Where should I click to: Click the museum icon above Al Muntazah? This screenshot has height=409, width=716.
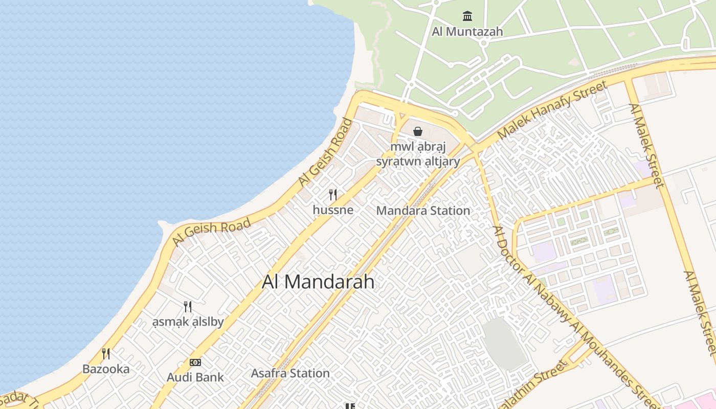tap(467, 16)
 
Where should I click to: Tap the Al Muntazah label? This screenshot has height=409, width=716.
tap(467, 32)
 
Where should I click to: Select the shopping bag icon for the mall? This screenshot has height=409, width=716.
tap(418, 131)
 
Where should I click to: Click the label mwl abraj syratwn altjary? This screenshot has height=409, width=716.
tap(418, 154)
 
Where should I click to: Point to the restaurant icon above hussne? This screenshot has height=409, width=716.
tap(333, 194)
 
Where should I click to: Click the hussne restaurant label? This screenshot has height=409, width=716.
tap(333, 210)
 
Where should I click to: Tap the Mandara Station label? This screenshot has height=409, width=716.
tap(423, 211)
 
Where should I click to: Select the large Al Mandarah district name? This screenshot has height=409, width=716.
tap(318, 282)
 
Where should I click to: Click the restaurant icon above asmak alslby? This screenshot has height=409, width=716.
tap(188, 307)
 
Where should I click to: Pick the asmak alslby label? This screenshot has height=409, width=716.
tap(188, 322)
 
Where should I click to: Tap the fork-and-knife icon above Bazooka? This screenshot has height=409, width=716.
tap(106, 353)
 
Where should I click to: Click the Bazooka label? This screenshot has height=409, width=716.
tap(106, 369)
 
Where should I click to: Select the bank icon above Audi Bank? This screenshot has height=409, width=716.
tap(195, 362)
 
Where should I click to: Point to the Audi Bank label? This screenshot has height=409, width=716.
tap(195, 378)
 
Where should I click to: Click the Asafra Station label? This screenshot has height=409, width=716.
tap(290, 373)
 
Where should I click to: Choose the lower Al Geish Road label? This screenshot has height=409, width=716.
tap(212, 232)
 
